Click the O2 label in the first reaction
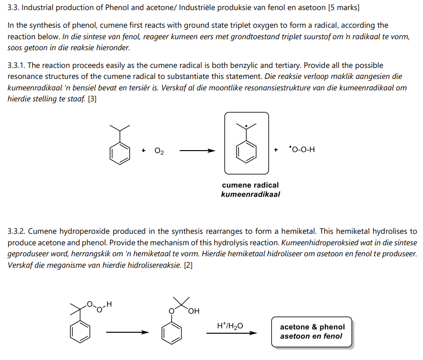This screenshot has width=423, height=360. tap(159, 151)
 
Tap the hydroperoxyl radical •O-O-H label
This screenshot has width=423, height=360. tap(302, 150)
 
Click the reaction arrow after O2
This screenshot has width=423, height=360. tap(197, 151)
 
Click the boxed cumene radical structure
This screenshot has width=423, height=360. tap(247, 143)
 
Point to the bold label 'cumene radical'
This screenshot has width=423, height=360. tap(250, 185)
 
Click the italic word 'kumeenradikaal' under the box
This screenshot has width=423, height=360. tap(250, 195)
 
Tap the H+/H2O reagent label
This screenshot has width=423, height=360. tap(230, 326)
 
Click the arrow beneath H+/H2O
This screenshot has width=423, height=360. tap(231, 334)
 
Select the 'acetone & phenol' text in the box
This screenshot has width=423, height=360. tap(312, 327)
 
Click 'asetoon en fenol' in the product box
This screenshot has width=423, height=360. tap(312, 336)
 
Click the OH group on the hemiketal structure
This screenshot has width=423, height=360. tap(194, 312)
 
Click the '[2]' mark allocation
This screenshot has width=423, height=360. tap(188, 265)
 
